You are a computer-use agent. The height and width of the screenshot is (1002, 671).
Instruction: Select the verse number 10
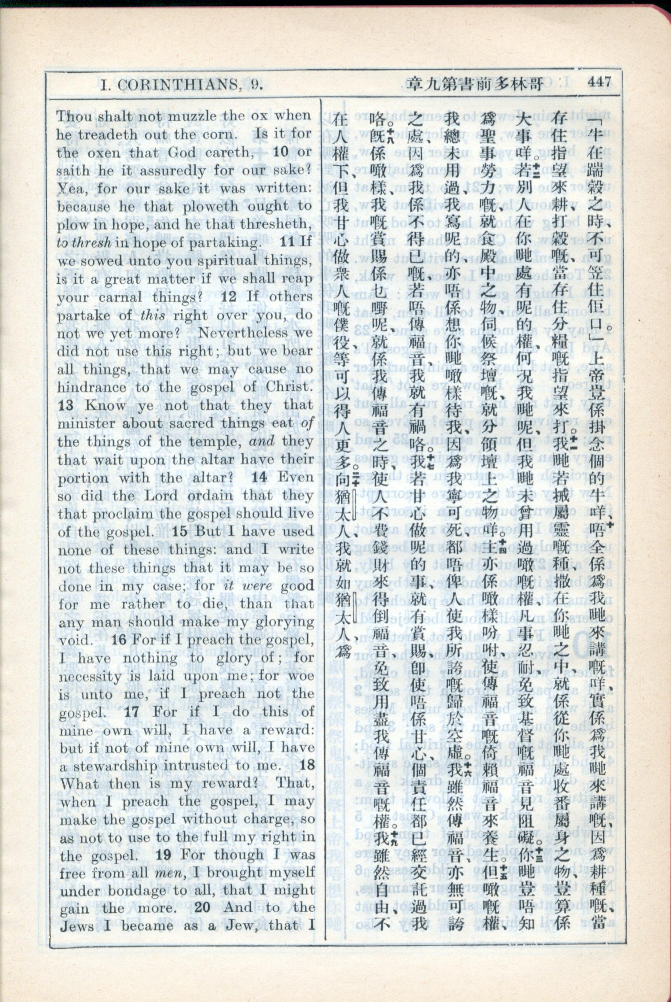281,152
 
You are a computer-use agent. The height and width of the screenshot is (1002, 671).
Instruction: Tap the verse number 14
259,477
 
